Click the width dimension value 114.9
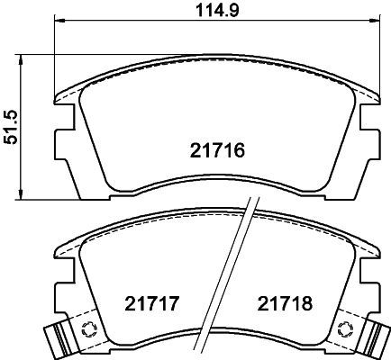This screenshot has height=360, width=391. pyautogui.click(x=217, y=11)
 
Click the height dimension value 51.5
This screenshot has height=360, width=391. pyautogui.click(x=13, y=127)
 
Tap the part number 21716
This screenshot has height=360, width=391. pyautogui.click(x=217, y=150)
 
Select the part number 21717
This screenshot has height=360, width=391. pyautogui.click(x=152, y=303)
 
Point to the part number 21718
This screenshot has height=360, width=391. pyautogui.click(x=285, y=303)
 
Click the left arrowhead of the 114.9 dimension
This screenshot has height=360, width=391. pyautogui.click(x=59, y=21)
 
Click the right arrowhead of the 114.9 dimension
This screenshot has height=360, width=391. pyautogui.click(x=375, y=21)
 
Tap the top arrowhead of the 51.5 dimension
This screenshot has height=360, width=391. pyautogui.click(x=21, y=59)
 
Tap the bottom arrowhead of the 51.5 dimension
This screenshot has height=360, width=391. pyautogui.click(x=21, y=194)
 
